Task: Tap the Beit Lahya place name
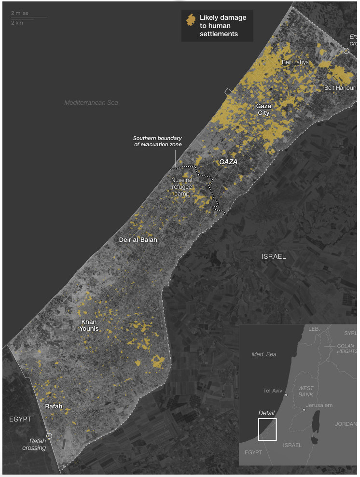pyautogui.click(x=295, y=62)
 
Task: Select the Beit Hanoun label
pyautogui.click(x=340, y=87)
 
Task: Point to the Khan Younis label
pyautogui.click(x=89, y=325)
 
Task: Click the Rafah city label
pyautogui.click(x=53, y=407)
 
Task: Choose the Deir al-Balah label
pyautogui.click(x=138, y=239)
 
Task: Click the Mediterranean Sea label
pyautogui.click(x=91, y=102)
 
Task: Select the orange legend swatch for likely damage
pyautogui.click(x=191, y=20)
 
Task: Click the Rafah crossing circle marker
pyautogui.click(x=49, y=435)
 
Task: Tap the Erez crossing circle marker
pyautogui.click(x=346, y=51)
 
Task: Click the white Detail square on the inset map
pyautogui.click(x=267, y=429)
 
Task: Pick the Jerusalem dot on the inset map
pyautogui.click(x=304, y=409)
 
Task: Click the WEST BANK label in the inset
pyautogui.click(x=305, y=391)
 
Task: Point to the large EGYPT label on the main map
pyautogui.click(x=20, y=419)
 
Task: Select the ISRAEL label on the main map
pyautogui.click(x=274, y=256)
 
